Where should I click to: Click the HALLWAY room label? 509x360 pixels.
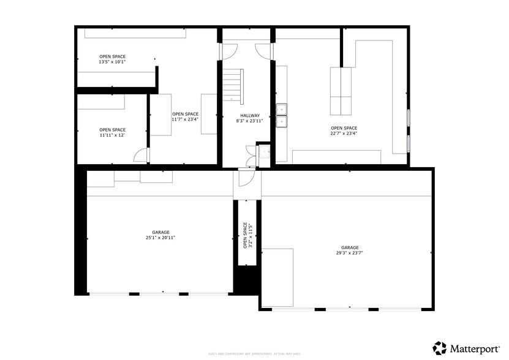pyautogui.click(x=250, y=115)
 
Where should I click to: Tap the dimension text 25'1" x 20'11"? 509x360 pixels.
pyautogui.click(x=161, y=238)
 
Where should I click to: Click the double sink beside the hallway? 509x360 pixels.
pyautogui.click(x=282, y=116)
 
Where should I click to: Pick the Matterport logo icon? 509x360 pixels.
pyautogui.click(x=440, y=348)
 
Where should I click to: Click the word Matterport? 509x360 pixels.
pyautogui.click(x=475, y=348)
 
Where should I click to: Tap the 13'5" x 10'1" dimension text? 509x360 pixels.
pyautogui.click(x=112, y=62)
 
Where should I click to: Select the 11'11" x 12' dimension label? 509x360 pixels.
pyautogui.click(x=112, y=135)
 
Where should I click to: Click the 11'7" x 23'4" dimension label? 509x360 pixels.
pyautogui.click(x=185, y=119)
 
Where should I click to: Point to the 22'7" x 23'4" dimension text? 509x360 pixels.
pyautogui.click(x=344, y=133)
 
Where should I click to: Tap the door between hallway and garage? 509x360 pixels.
pyautogui.click(x=245, y=178)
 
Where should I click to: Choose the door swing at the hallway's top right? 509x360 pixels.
pyautogui.click(x=262, y=52)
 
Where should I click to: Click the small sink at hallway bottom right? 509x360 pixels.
pyautogui.click(x=265, y=153)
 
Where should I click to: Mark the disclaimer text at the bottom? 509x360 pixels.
pyautogui.click(x=254, y=354)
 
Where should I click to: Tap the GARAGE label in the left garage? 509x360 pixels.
pyautogui.click(x=161, y=232)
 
